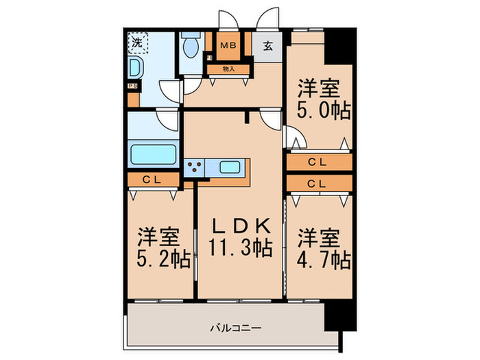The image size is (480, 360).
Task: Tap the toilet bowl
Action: click(x=191, y=47)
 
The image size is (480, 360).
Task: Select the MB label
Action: click(x=228, y=47)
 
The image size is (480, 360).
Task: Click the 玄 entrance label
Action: click(x=268, y=47)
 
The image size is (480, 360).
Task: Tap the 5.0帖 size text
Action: click(x=324, y=110)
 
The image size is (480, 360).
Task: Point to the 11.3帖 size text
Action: click(x=240, y=248)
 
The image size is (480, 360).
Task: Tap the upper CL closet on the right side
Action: click(x=316, y=163)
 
